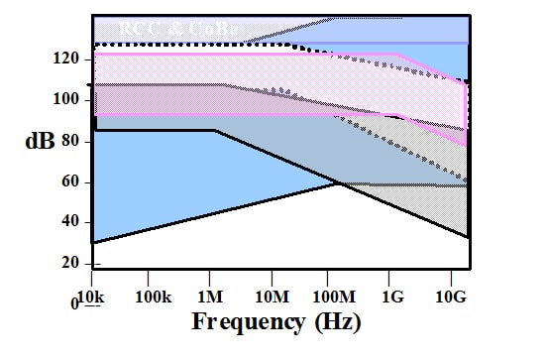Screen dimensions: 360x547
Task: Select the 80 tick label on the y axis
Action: click(67, 141)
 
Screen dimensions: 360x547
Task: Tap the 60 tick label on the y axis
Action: click(67, 182)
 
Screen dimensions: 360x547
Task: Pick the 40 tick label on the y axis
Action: click(67, 222)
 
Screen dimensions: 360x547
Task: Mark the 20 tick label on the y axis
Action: click(67, 263)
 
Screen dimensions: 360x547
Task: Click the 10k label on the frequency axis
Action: click(93, 297)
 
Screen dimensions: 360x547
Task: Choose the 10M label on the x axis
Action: click(271, 297)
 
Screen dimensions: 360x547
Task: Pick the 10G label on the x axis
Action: click(452, 297)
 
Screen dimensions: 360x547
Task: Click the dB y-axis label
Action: click(40, 141)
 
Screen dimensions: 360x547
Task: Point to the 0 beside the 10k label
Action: click(74, 302)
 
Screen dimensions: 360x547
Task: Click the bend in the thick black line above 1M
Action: click(214, 130)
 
